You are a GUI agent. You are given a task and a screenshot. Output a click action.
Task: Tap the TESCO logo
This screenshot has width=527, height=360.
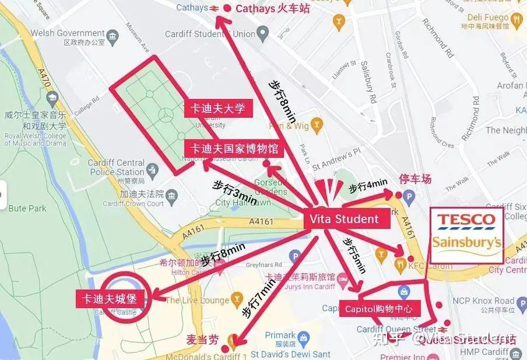(x=466, y=221)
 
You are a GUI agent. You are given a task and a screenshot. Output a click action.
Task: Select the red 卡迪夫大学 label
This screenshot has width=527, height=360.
(x=215, y=108)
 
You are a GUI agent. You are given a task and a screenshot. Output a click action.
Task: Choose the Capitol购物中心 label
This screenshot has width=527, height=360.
(x=378, y=309)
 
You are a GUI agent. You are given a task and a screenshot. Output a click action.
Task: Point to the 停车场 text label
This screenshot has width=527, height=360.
(x=414, y=179)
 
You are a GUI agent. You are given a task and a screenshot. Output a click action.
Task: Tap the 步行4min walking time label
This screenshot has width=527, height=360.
(x=364, y=188)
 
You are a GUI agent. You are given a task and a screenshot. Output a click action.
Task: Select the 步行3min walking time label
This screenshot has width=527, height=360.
(x=235, y=192)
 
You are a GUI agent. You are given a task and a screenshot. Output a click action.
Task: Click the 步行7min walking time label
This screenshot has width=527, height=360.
(x=258, y=298)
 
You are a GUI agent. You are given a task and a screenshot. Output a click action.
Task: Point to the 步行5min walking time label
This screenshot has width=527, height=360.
(x=354, y=255)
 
